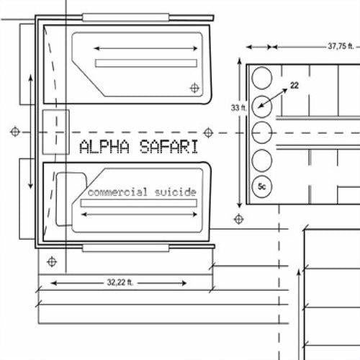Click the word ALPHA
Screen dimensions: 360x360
click(104, 147)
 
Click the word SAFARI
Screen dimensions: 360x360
click(169, 147)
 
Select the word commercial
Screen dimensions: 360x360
click(117, 192)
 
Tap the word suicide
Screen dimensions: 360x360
click(176, 192)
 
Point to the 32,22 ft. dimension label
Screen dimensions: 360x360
click(120, 282)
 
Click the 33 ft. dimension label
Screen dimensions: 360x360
click(238, 108)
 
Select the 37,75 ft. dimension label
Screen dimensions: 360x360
click(341, 46)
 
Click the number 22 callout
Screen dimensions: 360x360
click(294, 86)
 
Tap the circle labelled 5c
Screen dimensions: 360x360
click(262, 186)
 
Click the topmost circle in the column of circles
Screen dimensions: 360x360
click(262, 78)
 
